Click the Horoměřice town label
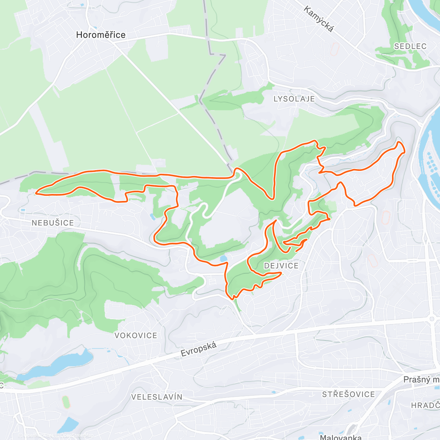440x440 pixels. [100, 35]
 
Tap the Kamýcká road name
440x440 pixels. [319, 19]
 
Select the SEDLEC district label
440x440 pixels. [410, 46]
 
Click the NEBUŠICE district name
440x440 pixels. [53, 223]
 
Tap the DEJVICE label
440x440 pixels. [281, 265]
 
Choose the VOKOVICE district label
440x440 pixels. [136, 335]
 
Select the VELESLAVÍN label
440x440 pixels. [157, 397]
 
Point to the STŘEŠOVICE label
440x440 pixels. [348, 394]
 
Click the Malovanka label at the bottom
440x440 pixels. [340, 437]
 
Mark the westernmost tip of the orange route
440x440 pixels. [36, 192]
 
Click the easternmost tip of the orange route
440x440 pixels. [404, 152]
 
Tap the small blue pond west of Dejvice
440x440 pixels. [223, 259]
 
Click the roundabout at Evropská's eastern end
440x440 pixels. [432, 319]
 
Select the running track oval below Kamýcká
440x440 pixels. [334, 49]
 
